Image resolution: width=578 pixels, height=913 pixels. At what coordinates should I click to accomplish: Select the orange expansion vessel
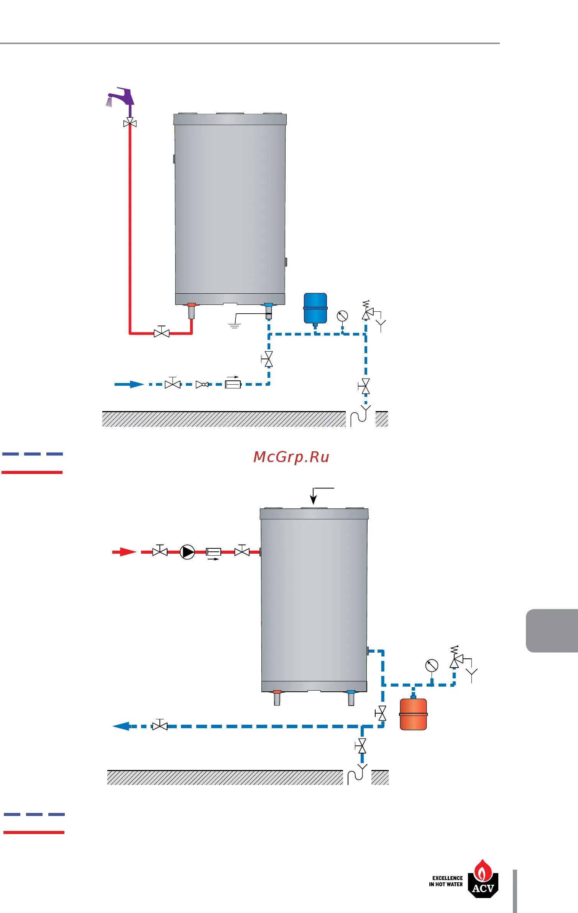pyautogui.click(x=413, y=714)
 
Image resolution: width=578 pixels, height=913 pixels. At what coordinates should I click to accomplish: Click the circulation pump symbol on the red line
pyautogui.click(x=187, y=552)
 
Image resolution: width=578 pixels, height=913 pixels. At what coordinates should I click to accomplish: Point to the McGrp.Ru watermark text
pyautogui.click(x=291, y=457)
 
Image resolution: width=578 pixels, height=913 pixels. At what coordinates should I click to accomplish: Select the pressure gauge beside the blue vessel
pyautogui.click(x=342, y=316)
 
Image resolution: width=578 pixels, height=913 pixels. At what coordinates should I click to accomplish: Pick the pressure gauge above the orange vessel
pyautogui.click(x=432, y=666)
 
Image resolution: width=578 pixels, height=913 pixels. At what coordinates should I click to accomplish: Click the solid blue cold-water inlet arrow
pyautogui.click(x=129, y=384)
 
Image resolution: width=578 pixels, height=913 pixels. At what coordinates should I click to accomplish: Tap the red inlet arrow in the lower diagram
pyautogui.click(x=124, y=552)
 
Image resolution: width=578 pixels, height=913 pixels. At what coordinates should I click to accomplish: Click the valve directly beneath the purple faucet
pyautogui.click(x=130, y=123)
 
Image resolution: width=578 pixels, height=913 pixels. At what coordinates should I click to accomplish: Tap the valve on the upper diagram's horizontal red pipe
pyautogui.click(x=162, y=332)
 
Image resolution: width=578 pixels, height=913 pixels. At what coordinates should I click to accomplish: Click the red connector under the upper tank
pyautogui.click(x=191, y=305)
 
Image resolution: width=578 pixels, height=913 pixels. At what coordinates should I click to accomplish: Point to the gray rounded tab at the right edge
pyautogui.click(x=552, y=631)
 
